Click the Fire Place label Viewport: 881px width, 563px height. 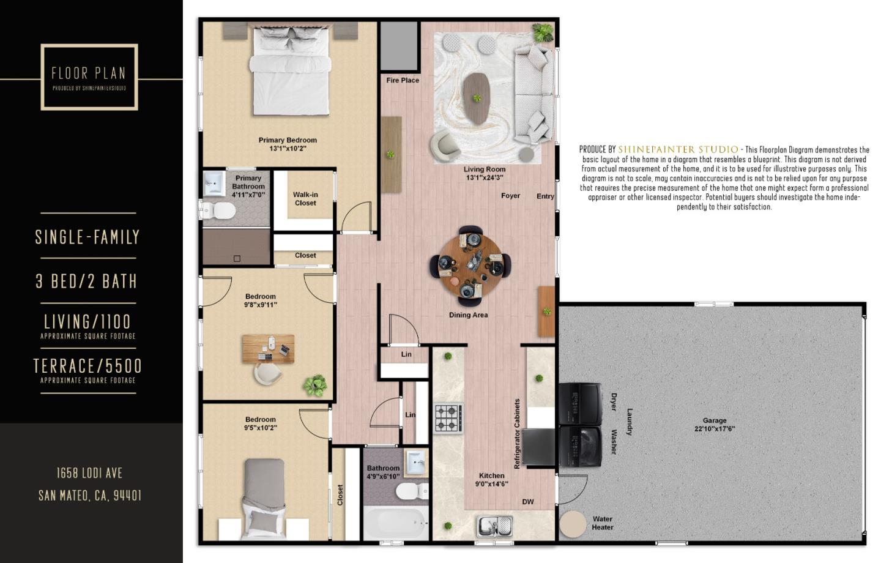(403, 80)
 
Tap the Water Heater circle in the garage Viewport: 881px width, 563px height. (573, 524)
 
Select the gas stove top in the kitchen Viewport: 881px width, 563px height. (448, 419)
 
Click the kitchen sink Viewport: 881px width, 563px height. (494, 526)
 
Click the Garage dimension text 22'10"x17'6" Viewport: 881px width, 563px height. (715, 428)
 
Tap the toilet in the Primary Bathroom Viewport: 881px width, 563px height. (220, 211)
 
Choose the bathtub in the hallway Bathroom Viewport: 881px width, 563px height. (396, 523)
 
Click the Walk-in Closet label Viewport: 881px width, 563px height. (305, 199)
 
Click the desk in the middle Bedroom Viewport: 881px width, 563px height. (268, 348)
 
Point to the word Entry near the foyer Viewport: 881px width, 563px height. (545, 196)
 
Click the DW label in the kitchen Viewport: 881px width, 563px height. (528, 502)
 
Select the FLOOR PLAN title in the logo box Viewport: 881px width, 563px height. (89, 73)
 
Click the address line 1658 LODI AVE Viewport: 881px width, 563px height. (89, 473)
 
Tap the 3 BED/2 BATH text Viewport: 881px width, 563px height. (86, 281)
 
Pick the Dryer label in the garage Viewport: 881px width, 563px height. (614, 402)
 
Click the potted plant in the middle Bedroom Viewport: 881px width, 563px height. (315, 385)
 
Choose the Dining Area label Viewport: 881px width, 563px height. (468, 315)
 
